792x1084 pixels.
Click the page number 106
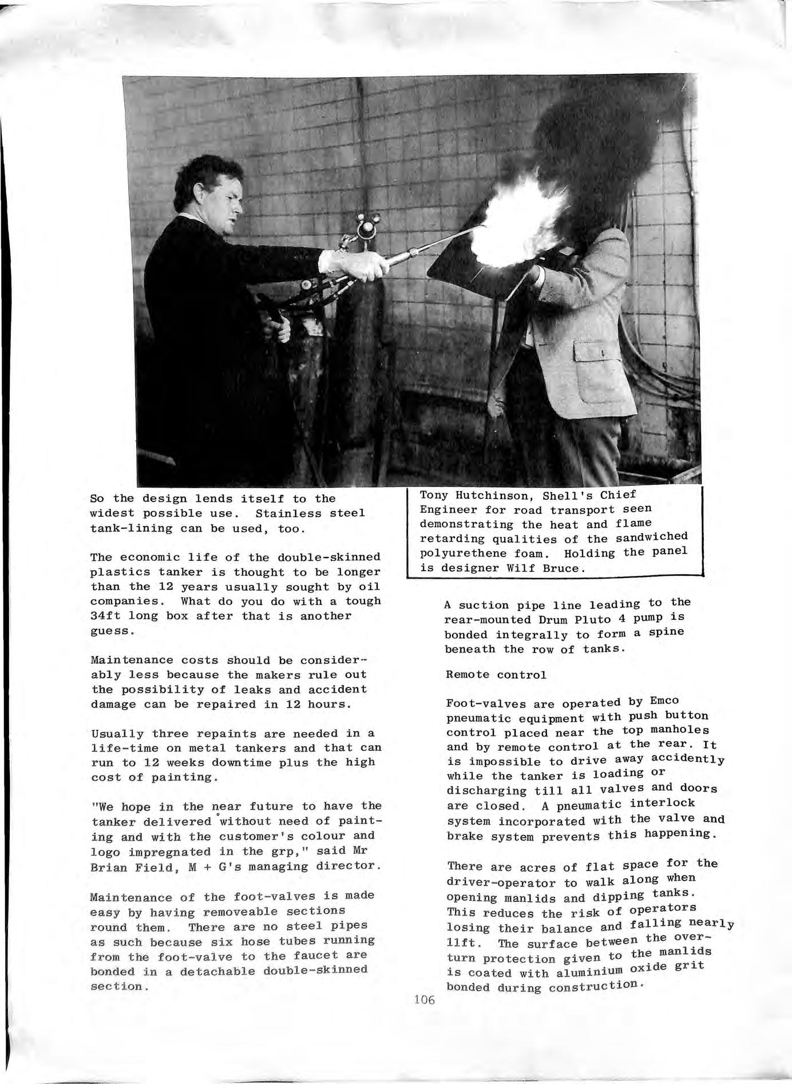coord(423,1000)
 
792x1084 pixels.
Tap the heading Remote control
coord(496,675)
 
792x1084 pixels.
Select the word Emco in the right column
coord(664,701)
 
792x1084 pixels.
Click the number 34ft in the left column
coord(106,616)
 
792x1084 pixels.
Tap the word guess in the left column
coord(112,631)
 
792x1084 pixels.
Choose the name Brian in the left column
coord(109,867)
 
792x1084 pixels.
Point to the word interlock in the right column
coord(662,804)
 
